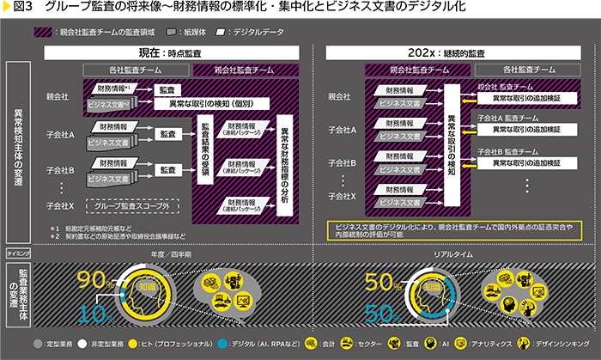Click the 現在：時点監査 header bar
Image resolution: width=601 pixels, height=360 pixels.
coord(177,53)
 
